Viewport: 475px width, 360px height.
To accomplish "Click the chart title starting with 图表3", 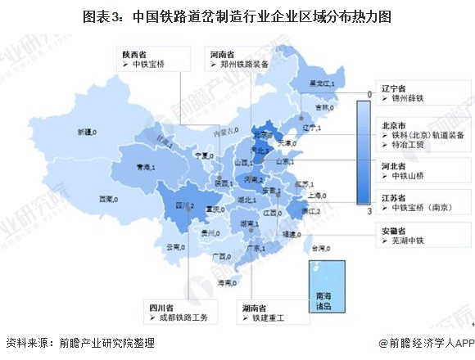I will (x=237, y=16).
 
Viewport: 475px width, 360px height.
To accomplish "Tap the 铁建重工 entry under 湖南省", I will (x=270, y=317).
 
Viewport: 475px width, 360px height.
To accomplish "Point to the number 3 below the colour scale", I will (x=370, y=211).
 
